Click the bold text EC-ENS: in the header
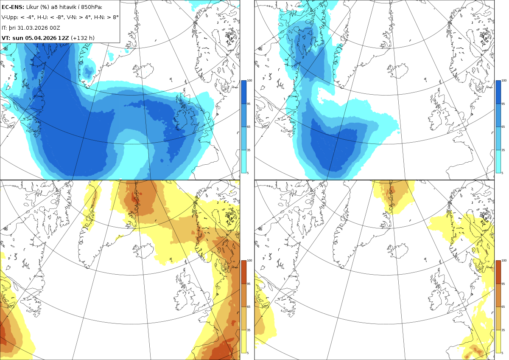[13, 7]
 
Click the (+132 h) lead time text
[82, 38]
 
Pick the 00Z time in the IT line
[56, 28]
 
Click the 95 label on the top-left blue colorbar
[249, 104]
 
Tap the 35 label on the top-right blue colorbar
[503, 150]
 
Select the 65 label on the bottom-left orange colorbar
[249, 307]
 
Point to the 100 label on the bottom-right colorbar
[504, 260]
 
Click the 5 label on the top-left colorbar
[248, 173]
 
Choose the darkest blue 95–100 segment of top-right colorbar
[498, 92]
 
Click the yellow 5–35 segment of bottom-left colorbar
[243, 341]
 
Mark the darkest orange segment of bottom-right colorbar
[498, 272]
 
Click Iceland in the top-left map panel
[143, 70]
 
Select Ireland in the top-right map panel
[435, 119]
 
